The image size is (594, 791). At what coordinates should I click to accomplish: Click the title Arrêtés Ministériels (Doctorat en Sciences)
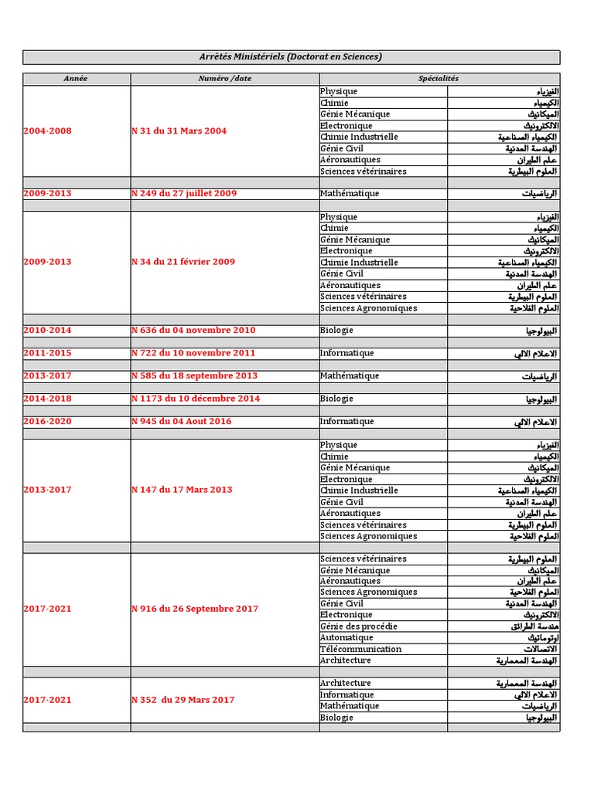pos(291,57)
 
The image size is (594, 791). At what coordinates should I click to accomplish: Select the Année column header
pos(77,79)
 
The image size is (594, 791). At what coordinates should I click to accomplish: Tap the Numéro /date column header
pos(224,79)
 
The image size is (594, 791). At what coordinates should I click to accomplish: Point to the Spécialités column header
pos(439,79)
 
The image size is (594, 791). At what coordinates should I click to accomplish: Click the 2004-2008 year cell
pos(47,131)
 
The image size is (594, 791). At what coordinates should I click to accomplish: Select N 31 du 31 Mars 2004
pos(179,131)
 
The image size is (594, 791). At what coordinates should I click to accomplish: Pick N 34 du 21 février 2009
pos(183,262)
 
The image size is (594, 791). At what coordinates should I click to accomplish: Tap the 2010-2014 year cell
pos(47,331)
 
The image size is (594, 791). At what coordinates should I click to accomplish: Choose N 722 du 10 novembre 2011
pos(193,353)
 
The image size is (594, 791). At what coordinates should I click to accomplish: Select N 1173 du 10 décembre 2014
pos(196,399)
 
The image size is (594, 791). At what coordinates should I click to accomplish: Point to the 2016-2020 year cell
pos(47,422)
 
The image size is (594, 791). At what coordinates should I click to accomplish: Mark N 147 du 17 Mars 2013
pos(182,490)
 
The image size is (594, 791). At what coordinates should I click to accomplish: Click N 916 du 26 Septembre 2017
pos(195,609)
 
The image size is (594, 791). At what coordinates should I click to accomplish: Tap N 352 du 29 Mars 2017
pos(183,700)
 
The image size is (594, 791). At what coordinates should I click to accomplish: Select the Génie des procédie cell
pos(359,626)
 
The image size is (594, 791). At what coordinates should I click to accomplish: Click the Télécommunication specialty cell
pos(361,650)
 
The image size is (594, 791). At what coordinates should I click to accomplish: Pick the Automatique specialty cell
pos(346,638)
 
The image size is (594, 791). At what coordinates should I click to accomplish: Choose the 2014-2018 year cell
pos(47,399)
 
